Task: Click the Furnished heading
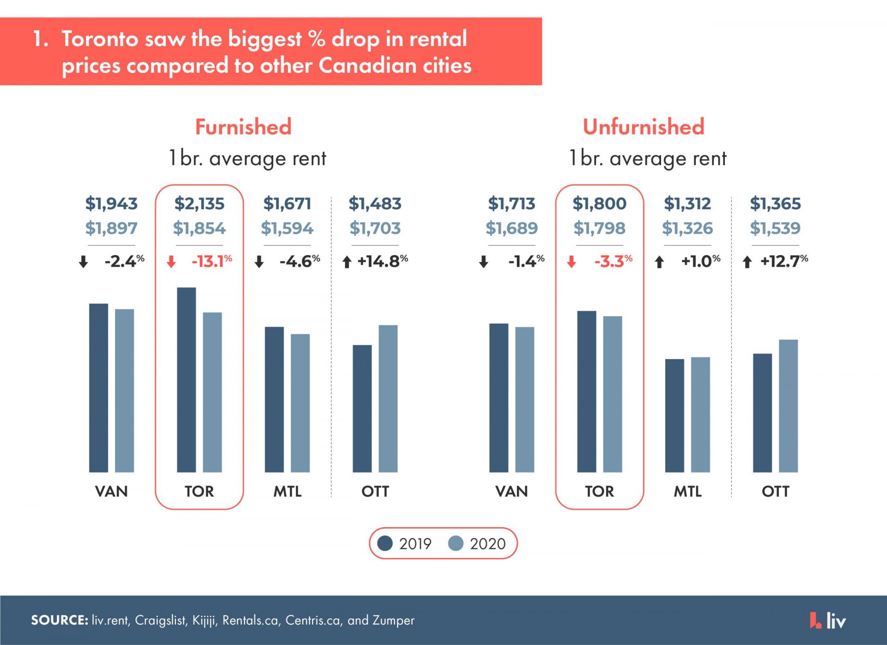coord(243,127)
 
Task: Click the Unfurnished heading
coord(643,127)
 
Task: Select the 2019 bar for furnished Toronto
coord(186,380)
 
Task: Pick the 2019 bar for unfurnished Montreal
coord(674,415)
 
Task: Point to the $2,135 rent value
coord(199,203)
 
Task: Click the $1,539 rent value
coord(775,228)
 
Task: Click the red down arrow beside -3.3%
coord(571,262)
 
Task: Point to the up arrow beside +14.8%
coord(346,262)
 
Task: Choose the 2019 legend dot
coord(385,543)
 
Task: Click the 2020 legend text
coord(487,544)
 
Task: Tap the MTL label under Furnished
coord(287,491)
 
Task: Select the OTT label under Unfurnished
coord(775,491)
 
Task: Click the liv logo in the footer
coord(828,620)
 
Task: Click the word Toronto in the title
coord(100,39)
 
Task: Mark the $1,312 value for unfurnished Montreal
coord(687,203)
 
